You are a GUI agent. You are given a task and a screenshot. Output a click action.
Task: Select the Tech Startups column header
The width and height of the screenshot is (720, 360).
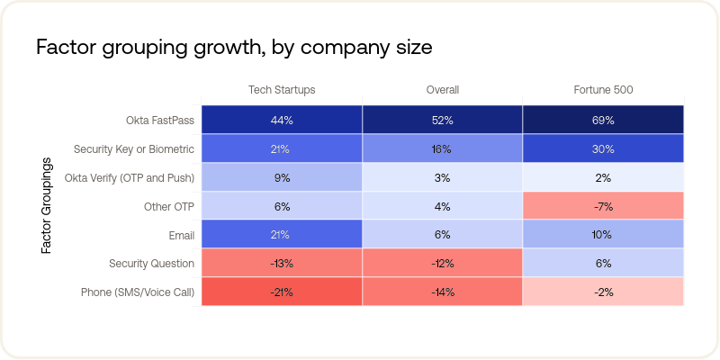282,90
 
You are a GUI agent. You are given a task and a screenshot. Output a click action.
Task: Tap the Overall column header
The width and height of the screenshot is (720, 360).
443,90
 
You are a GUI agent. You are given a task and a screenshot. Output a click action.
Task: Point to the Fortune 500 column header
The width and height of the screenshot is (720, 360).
603,90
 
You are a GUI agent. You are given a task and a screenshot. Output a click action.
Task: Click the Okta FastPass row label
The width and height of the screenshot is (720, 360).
160,120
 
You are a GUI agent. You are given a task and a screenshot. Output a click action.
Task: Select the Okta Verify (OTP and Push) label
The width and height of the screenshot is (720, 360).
130,177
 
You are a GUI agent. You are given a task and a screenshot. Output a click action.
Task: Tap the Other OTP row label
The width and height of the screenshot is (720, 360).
169,206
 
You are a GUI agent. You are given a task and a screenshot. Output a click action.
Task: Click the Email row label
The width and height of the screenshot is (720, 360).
180,235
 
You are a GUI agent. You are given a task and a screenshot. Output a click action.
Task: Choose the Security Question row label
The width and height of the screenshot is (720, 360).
151,264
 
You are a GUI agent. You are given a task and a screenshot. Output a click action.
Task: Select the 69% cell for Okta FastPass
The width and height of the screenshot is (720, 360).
603,120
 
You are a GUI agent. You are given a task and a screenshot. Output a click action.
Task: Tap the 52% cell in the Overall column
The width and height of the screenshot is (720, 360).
443,120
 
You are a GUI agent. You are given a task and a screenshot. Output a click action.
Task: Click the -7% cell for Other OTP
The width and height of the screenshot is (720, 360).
603,206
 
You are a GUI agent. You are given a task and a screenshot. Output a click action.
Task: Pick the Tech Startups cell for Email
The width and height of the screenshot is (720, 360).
282,235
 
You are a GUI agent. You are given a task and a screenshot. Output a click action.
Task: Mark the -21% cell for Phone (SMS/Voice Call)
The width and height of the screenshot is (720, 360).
282,292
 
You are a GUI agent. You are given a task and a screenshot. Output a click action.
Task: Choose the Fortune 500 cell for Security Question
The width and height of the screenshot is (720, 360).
603,264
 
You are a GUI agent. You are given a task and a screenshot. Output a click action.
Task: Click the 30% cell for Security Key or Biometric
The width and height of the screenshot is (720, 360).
603,148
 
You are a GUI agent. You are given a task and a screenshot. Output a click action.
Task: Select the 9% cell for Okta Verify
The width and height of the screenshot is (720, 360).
282,177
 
